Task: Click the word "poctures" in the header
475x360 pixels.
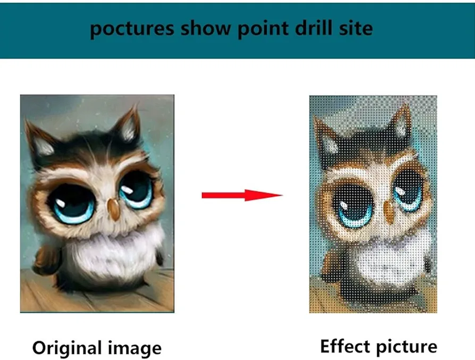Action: tap(132, 29)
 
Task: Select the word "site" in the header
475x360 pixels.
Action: tap(356, 28)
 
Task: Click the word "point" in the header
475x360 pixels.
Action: tap(263, 29)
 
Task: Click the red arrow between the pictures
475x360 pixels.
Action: tap(242, 195)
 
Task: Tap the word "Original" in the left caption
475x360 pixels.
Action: tap(67, 348)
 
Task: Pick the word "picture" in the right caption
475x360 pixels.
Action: tap(403, 347)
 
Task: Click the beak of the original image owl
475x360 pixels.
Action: tap(114, 210)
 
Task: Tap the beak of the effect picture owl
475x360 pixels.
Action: tap(388, 210)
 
